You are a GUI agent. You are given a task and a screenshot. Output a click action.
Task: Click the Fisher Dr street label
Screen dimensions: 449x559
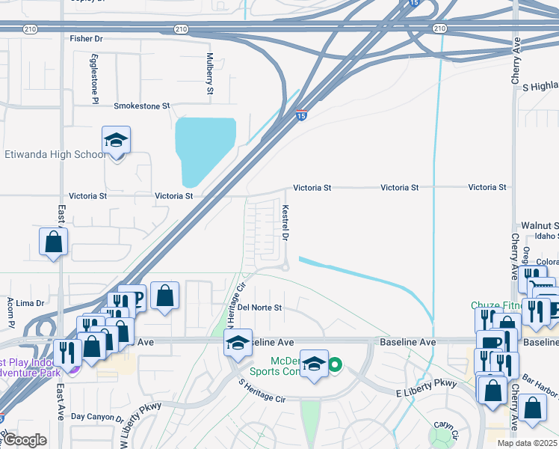pyautogui.click(x=86, y=38)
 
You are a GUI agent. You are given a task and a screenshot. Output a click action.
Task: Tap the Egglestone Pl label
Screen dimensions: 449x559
pyautogui.click(x=95, y=77)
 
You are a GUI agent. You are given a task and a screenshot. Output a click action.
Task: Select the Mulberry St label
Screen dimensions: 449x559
pyautogui.click(x=209, y=74)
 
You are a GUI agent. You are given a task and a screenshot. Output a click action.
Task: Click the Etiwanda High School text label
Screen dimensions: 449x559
pyautogui.click(x=55, y=154)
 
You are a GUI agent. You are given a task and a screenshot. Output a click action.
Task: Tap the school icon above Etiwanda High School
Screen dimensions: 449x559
pyautogui.click(x=116, y=141)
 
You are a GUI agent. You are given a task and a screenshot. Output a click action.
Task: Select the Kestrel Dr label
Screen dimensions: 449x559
pyautogui.click(x=285, y=224)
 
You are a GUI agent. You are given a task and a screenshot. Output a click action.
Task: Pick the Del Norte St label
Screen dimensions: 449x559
pyautogui.click(x=259, y=308)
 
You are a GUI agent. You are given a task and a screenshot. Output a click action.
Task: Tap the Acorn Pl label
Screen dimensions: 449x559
pyautogui.click(x=11, y=313)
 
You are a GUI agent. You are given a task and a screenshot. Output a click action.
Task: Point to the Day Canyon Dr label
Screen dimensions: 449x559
pyautogui.click(x=97, y=417)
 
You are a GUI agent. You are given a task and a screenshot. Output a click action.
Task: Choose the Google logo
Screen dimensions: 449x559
pyautogui.click(x=24, y=440)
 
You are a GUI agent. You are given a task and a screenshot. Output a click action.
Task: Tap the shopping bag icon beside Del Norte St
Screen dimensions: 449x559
pyautogui.click(x=165, y=295)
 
